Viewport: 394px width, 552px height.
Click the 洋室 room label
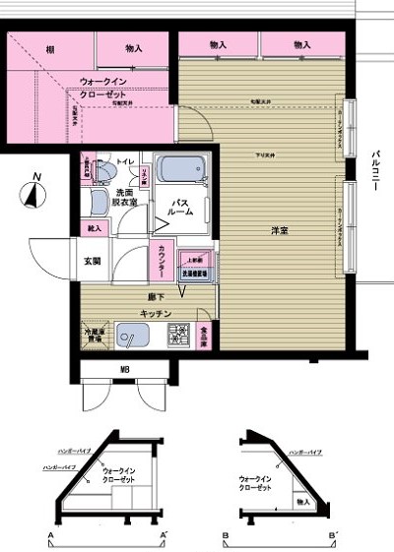(279, 231)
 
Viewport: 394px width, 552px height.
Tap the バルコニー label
(376, 173)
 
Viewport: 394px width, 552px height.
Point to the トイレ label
(125, 159)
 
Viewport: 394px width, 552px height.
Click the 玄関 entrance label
(92, 261)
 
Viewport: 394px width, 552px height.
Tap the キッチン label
(157, 313)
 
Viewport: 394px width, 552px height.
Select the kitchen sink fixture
(131, 339)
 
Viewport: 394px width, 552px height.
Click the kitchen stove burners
(180, 340)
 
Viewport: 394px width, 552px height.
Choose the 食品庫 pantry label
(204, 338)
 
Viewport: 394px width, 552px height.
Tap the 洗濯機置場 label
(193, 275)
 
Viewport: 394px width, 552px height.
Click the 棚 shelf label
(48, 46)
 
